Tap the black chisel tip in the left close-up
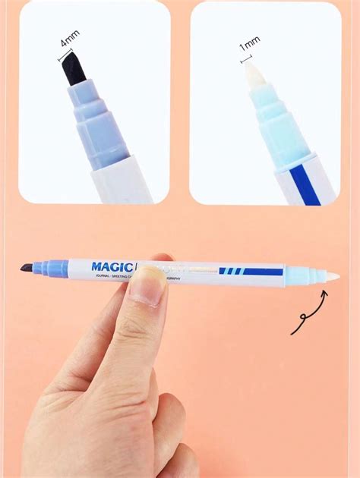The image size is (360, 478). pos(70,69)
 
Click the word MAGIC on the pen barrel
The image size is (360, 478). pos(111,266)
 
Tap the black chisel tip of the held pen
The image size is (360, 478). pos(26,268)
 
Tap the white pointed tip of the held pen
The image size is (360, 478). pos(330,275)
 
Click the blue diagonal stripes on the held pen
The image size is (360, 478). pos(231,271)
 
